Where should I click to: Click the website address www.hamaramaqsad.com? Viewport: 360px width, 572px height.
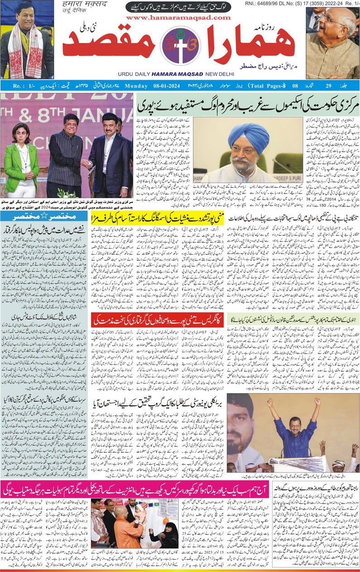(x=179, y=17)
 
